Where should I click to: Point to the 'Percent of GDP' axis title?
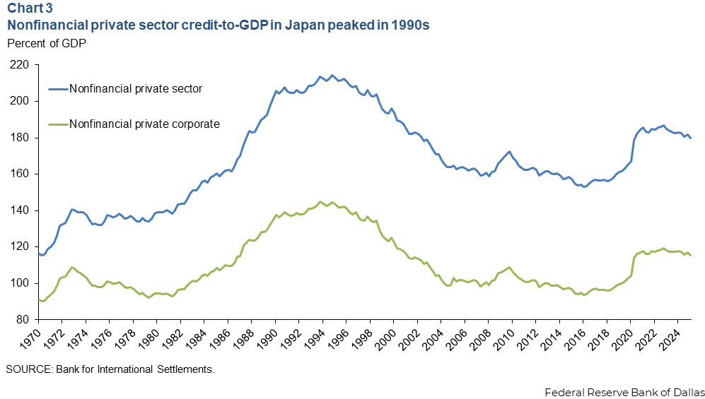point(42,42)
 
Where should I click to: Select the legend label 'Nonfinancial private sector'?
point(136,89)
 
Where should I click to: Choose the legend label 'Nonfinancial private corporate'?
point(144,124)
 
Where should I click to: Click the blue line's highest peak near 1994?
point(332,75)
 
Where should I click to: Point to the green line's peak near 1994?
point(320,181)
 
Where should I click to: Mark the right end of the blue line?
point(690,138)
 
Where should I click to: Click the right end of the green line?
point(690,256)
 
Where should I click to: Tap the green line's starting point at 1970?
point(39,299)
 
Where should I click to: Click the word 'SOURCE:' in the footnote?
point(25,369)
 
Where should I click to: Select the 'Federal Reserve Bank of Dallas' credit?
point(624,391)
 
